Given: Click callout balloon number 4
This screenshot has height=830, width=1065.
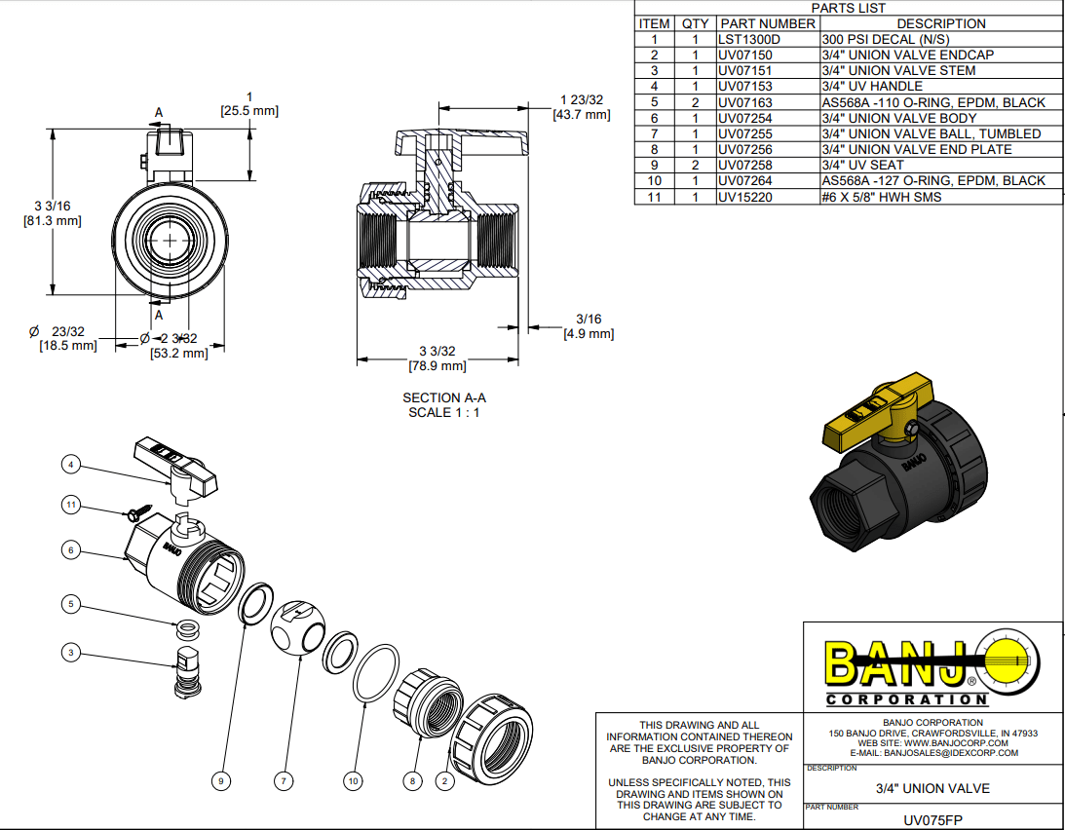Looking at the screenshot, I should (x=70, y=465).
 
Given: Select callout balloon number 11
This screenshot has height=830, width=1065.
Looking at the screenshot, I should (x=70, y=505).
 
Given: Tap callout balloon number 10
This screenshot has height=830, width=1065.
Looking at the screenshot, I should (x=354, y=780).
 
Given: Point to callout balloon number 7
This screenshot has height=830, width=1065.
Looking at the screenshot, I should (x=284, y=780).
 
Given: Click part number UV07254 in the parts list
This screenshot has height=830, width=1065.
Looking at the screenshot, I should (x=745, y=118).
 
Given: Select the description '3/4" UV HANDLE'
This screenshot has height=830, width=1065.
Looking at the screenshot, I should (x=871, y=87).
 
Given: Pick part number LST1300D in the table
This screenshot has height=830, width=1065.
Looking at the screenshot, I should (x=749, y=39).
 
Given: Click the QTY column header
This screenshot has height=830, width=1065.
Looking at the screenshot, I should (x=695, y=23).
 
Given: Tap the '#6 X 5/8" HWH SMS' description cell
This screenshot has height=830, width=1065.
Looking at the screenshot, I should (x=881, y=197).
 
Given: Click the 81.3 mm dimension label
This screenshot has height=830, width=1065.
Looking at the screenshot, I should (x=52, y=221).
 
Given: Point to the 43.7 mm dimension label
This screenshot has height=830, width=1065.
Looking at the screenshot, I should (x=582, y=115).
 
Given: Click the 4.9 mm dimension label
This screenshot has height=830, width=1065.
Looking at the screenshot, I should (x=589, y=334).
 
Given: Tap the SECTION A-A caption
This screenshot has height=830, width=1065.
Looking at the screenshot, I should (x=444, y=397).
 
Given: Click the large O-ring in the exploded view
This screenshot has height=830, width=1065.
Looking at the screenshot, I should (x=376, y=671).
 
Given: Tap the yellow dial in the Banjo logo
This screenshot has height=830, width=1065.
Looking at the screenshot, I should (x=1007, y=663).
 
